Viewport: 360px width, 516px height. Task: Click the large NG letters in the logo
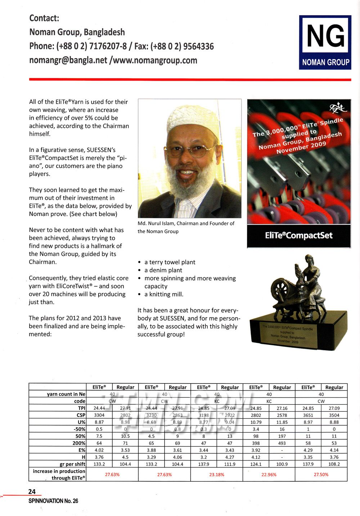[325, 36]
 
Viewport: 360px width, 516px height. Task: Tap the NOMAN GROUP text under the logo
[325, 62]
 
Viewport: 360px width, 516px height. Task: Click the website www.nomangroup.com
[155, 60]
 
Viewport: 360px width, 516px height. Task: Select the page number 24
[32, 492]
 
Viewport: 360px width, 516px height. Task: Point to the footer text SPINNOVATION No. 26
[53, 501]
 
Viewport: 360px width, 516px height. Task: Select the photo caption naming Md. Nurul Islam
[186, 227]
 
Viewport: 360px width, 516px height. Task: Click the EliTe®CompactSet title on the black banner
[298, 235]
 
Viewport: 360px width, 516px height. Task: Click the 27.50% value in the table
[321, 474]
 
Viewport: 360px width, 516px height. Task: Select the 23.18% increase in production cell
[216, 474]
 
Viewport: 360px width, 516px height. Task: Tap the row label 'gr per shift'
[72, 464]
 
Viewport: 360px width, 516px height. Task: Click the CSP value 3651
[308, 415]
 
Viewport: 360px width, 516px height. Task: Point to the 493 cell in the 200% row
[282, 443]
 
